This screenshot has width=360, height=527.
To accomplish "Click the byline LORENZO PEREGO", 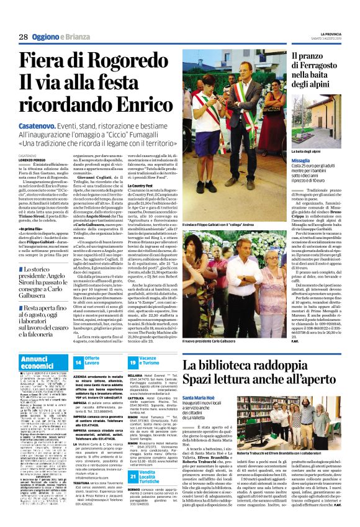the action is [x=31, y=160].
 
